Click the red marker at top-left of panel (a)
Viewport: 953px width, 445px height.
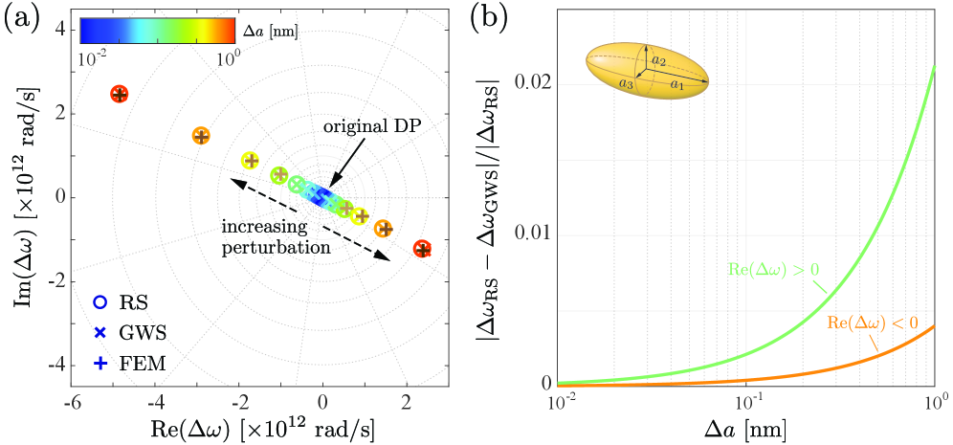pyautogui.click(x=119, y=94)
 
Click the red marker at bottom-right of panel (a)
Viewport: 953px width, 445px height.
pyautogui.click(x=422, y=249)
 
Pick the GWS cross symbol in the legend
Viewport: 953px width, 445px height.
pyautogui.click(x=100, y=332)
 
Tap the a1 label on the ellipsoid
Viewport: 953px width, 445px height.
pyautogui.click(x=676, y=85)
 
